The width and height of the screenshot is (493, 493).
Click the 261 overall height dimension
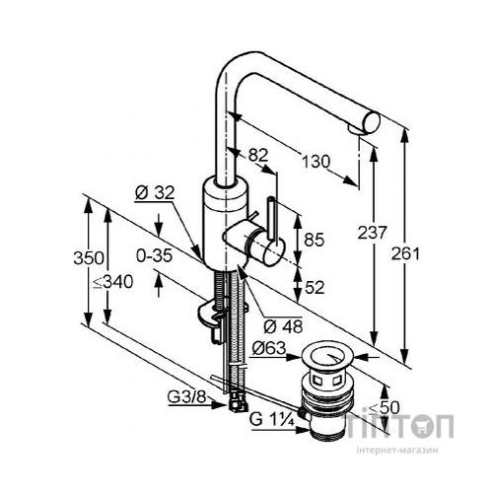click(405, 253)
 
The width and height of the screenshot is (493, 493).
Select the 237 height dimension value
click(372, 233)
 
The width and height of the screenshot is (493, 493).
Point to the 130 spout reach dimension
click(316, 162)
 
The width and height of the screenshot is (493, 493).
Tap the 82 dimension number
click(258, 155)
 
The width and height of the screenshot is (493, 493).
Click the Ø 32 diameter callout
click(155, 193)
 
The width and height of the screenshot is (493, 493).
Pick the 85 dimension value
click(315, 240)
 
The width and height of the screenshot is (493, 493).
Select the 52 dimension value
click(315, 287)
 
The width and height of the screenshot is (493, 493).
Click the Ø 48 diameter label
click(283, 326)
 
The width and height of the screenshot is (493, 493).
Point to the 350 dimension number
click(89, 258)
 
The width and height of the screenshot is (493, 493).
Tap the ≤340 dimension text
click(113, 282)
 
